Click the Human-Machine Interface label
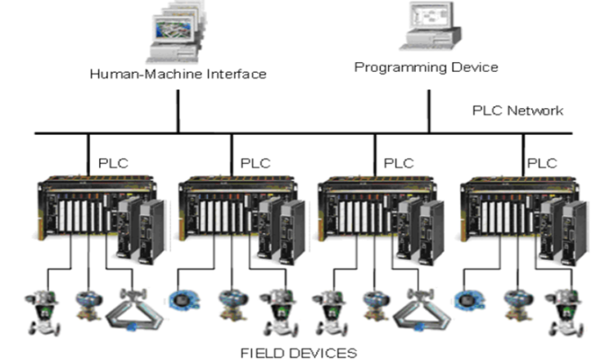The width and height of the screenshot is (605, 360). pos(177,73)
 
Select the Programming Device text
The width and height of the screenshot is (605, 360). pos(426,67)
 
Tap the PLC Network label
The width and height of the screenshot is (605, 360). pos(518,111)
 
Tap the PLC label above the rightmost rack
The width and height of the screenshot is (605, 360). pos(541,163)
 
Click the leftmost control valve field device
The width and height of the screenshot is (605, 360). pos(37,307)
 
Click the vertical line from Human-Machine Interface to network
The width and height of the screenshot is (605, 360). pos(177,108)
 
